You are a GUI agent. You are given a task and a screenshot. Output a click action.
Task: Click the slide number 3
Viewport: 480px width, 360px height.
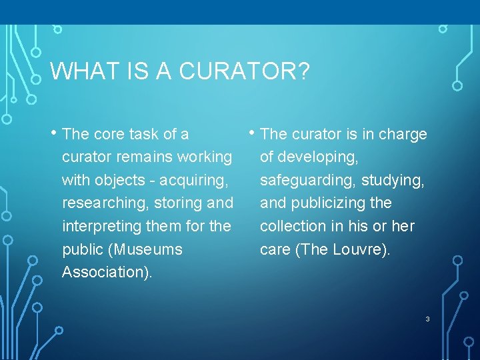pyautogui.click(x=427, y=319)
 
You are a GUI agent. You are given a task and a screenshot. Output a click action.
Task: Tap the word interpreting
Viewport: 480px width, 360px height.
pyautogui.click(x=102, y=226)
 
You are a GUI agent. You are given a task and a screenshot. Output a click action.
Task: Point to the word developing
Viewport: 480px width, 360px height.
pyautogui.click(x=318, y=157)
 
